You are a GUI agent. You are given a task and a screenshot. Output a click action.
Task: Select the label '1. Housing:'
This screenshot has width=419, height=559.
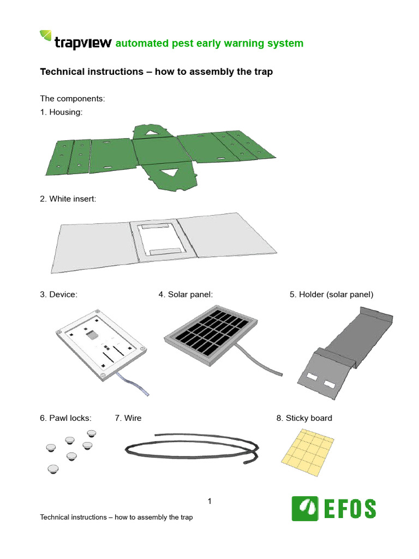point(62,112)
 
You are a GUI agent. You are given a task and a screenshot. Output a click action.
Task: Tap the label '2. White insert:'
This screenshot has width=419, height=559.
point(68,199)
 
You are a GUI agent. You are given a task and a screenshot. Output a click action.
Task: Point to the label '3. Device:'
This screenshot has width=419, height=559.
point(58,294)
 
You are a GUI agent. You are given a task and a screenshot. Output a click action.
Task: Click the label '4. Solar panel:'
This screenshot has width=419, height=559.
point(185,294)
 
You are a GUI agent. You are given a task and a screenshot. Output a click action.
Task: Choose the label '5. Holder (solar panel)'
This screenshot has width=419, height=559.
point(331,294)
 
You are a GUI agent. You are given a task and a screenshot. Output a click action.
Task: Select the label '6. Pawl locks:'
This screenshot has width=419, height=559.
point(65,418)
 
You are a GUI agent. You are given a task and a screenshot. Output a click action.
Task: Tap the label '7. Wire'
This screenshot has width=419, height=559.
point(128,418)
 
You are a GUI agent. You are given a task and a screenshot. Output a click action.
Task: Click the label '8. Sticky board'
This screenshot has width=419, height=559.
point(304,418)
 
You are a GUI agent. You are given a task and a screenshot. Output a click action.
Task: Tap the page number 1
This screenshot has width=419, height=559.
point(209,501)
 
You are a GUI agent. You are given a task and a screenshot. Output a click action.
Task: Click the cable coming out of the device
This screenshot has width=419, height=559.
point(134,384)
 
